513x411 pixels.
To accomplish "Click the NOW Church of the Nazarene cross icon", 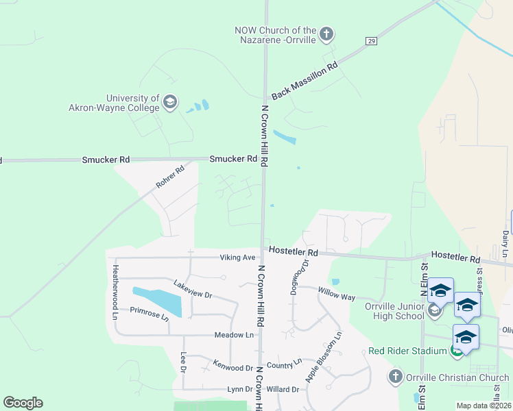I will tap(326, 34).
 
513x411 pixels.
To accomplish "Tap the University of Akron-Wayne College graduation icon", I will tap(170, 103).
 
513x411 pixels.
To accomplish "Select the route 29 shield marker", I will tap(371, 41).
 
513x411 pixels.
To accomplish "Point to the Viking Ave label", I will tap(237, 258).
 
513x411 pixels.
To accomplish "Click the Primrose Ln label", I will tap(149, 313).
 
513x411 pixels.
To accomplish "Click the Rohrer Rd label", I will tap(170, 177).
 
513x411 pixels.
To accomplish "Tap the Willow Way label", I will tap(336, 295).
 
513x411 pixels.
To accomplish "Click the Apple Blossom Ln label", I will tap(323, 357).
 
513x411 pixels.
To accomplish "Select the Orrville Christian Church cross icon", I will tap(394, 377).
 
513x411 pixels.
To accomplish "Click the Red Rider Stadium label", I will tap(407, 351).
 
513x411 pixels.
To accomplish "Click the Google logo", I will tap(23, 403).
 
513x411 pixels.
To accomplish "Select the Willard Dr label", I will tap(283, 389).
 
